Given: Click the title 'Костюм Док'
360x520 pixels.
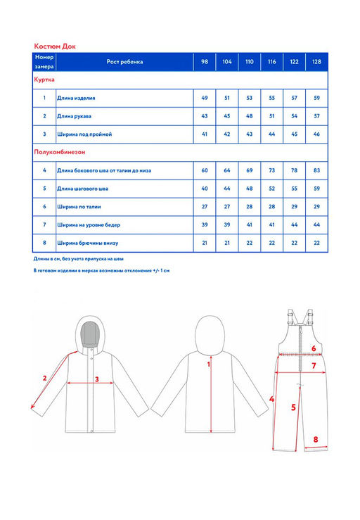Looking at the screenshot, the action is point(55,46).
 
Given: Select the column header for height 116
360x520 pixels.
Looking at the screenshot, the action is point(272,62).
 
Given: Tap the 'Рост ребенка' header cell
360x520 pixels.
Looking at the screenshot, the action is point(124,62).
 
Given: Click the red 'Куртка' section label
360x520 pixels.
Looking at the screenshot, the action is point(44,80).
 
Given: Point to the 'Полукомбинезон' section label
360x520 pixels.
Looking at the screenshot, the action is point(60,152).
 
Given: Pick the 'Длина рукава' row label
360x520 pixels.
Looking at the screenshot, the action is point(74,116).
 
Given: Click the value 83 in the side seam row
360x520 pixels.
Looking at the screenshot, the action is point(316,170).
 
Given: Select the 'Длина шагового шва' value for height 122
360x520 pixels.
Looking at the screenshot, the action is point(295,189).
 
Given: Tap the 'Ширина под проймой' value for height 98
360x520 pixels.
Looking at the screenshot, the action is point(205,134).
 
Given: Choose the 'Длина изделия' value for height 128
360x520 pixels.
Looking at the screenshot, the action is point(316,99).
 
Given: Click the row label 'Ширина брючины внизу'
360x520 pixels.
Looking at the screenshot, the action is point(87,243).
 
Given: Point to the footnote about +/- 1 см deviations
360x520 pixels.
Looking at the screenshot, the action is point(101,271).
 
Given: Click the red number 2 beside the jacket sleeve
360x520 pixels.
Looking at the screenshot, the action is point(45,378).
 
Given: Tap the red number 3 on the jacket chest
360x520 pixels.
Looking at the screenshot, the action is point(97,379).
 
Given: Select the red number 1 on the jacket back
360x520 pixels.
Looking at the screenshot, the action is point(209,364).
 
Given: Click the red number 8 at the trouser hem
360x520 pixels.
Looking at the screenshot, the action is point(316,439).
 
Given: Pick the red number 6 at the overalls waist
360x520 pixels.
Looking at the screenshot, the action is point(314,348).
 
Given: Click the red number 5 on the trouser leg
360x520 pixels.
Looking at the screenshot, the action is point(293,407).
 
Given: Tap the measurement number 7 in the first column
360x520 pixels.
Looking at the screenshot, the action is point(44,224).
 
